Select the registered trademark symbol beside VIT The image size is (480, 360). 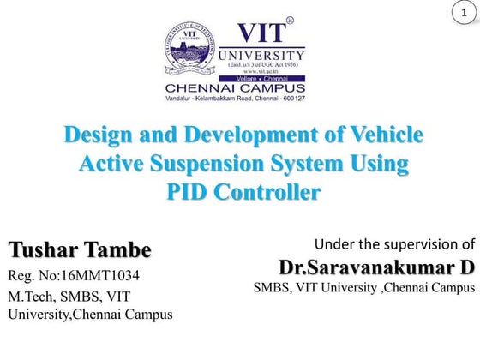click(290, 20)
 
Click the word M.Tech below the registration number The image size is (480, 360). click(30, 297)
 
